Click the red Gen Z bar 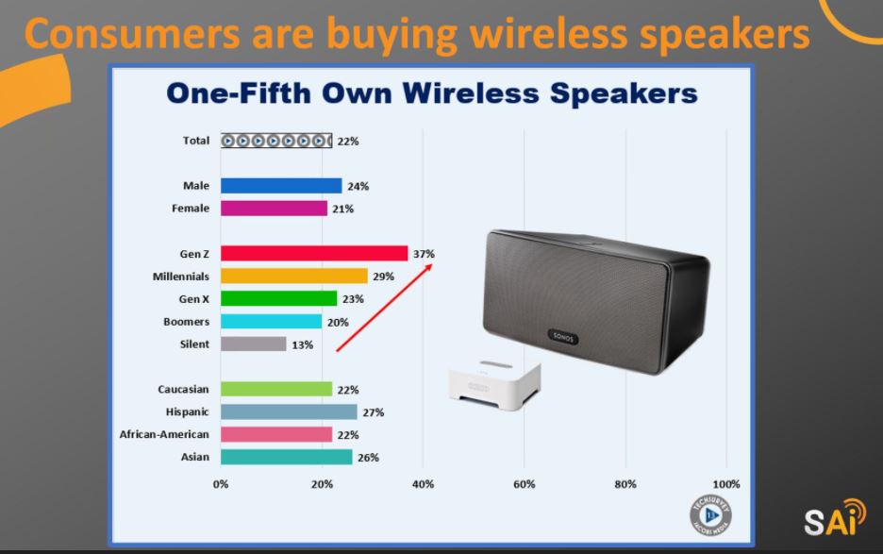pos(314,254)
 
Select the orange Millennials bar pos(294,277)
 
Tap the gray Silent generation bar pos(254,344)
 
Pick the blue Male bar pos(281,185)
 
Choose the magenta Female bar pos(274,208)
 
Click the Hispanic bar pos(289,412)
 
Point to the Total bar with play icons pos(276,141)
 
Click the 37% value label pos(424,254)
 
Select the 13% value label pos(303,344)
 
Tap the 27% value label pos(374,412)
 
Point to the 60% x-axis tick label pos(524,484)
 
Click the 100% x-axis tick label pos(725,484)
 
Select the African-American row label pos(164,434)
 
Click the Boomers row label pos(187,321)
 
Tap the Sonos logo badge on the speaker pos(563,337)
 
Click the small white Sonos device pos(495,384)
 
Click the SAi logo pos(835,517)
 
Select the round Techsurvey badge pos(710,515)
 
